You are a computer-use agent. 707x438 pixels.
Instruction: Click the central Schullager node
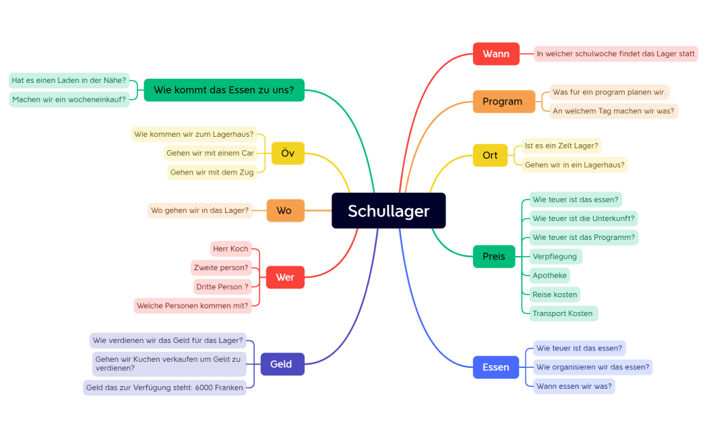click(x=389, y=211)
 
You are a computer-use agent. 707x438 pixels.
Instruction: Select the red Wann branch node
click(x=496, y=54)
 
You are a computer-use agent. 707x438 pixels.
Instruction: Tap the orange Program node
click(x=502, y=102)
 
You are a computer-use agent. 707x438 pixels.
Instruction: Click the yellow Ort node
click(x=490, y=156)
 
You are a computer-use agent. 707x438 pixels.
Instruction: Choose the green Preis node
click(x=494, y=257)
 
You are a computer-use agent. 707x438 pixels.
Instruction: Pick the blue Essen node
click(x=496, y=367)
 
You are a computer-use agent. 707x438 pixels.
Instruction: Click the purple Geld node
click(x=281, y=365)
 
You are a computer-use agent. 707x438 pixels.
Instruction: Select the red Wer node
click(x=285, y=278)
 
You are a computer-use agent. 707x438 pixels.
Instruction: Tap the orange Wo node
click(x=284, y=211)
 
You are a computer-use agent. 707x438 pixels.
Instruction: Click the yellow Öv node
click(x=288, y=154)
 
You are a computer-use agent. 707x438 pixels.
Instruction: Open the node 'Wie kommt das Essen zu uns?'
click(x=224, y=90)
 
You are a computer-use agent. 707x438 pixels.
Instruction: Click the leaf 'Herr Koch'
click(x=230, y=249)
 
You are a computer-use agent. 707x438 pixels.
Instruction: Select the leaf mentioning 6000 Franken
click(x=164, y=388)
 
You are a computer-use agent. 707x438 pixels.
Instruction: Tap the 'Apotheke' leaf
click(x=549, y=276)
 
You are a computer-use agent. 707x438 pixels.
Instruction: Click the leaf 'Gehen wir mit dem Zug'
click(x=212, y=173)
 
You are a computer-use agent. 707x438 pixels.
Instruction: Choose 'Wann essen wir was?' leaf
click(x=574, y=387)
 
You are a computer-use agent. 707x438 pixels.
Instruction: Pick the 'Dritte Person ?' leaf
click(x=222, y=287)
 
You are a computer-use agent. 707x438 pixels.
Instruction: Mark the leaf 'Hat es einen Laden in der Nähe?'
click(x=69, y=80)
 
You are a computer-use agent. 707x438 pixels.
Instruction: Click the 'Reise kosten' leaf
click(x=555, y=294)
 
